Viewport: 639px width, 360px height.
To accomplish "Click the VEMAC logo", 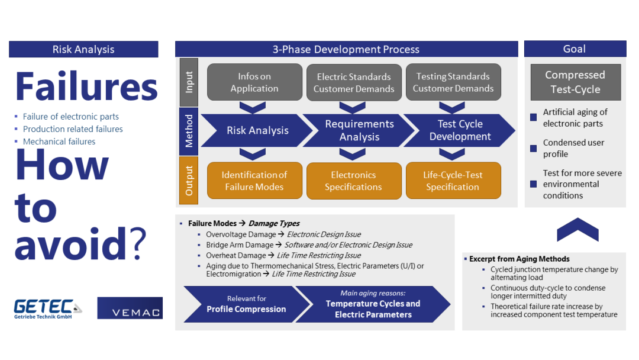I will (x=130, y=308).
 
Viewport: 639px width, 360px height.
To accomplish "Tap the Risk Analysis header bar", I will (x=83, y=50).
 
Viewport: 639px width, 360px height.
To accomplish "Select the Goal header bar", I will (x=575, y=49).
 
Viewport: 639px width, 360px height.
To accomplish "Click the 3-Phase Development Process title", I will (x=346, y=50).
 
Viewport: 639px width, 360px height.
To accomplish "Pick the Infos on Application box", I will (x=254, y=82).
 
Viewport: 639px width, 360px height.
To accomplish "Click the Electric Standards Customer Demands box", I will (x=354, y=82).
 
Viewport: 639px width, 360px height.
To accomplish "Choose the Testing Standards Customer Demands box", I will (x=453, y=82).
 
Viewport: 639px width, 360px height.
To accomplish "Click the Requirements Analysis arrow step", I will (x=359, y=130).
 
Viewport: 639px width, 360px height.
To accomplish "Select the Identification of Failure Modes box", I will (x=254, y=181).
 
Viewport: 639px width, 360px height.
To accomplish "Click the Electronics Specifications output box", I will (x=354, y=181).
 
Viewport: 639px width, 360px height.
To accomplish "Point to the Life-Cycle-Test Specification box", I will (x=453, y=181).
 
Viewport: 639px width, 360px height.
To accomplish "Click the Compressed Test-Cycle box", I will (x=575, y=82).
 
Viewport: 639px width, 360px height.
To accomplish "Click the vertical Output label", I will (x=189, y=181).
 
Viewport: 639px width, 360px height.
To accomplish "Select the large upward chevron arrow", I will (x=577, y=230).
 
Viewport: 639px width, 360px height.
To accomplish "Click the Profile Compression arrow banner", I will (x=246, y=304).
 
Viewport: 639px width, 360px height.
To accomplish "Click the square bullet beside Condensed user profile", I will (x=534, y=149).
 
